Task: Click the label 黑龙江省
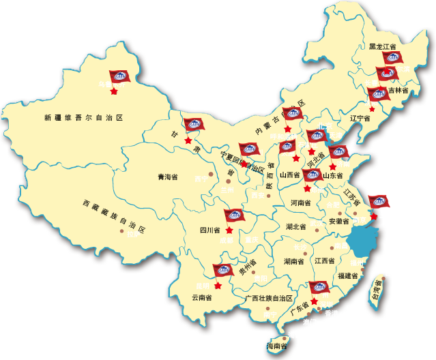(383, 46)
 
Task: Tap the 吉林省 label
(398, 90)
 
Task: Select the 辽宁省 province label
(360, 118)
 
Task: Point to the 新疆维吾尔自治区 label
(84, 118)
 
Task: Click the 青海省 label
(167, 177)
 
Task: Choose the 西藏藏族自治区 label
(114, 216)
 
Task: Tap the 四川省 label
(209, 230)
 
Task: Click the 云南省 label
(201, 297)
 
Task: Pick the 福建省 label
(347, 276)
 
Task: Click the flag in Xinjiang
(119, 77)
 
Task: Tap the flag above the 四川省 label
(233, 215)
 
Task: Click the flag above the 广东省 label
(319, 288)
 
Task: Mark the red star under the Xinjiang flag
(114, 91)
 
